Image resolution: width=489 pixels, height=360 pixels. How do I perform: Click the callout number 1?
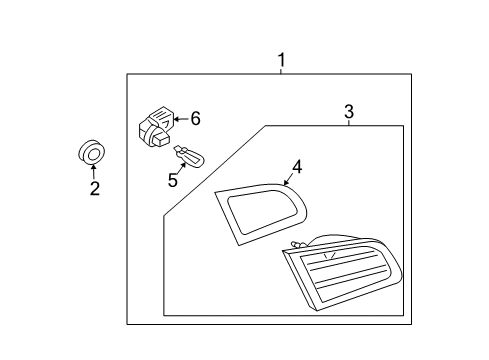point(281,60)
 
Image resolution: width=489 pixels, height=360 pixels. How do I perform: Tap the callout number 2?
point(95,188)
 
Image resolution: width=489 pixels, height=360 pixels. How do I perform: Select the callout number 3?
point(348,113)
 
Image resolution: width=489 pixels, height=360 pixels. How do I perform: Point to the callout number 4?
point(297,166)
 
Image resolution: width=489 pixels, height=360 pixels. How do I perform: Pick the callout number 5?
point(172,181)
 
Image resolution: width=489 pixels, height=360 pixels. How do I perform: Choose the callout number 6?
point(195,119)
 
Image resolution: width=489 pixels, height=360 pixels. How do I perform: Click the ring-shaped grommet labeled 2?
point(92,153)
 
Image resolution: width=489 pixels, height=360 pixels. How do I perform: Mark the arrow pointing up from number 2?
point(94,171)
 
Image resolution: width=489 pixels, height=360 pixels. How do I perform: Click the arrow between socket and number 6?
point(180,119)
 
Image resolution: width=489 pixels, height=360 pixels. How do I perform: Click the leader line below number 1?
point(281,71)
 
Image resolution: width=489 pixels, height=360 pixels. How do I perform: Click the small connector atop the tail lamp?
point(296,245)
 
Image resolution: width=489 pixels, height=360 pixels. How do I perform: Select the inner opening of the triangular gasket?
point(259,213)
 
